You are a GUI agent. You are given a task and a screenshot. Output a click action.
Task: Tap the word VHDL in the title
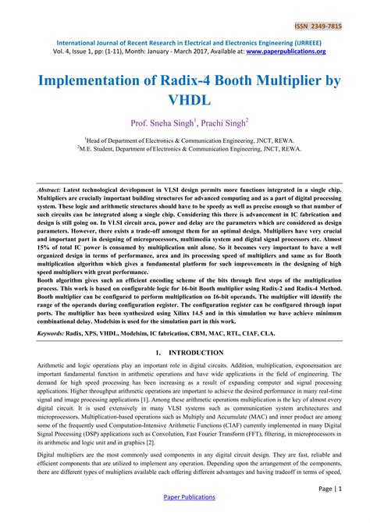(x=185, y=100)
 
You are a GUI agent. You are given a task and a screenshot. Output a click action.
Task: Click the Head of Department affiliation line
(x=185, y=137)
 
